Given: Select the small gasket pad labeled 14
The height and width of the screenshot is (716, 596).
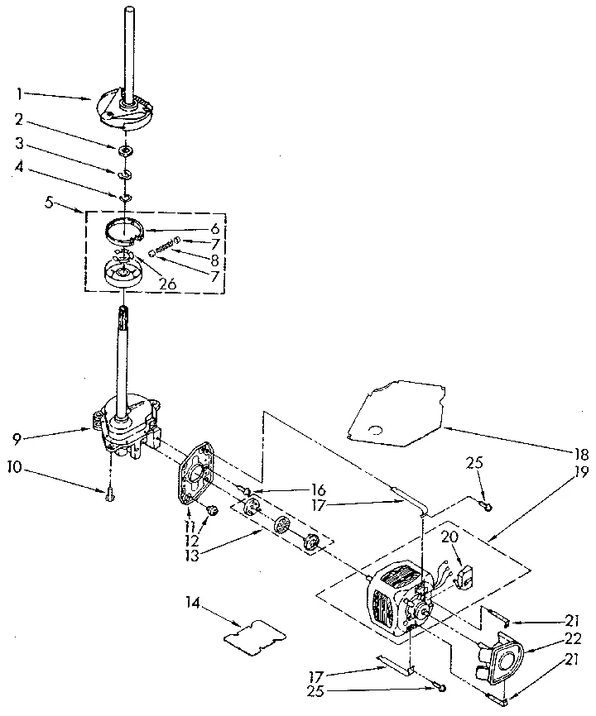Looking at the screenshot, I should coord(255,633).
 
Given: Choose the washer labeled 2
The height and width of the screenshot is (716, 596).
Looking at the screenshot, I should coord(127,150).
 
